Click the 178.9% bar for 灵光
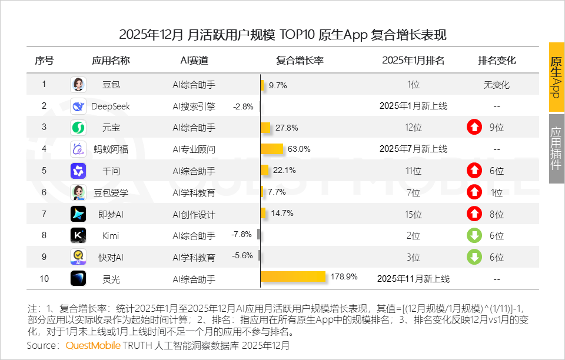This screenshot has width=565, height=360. [x=293, y=277]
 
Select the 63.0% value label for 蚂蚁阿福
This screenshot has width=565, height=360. [x=299, y=149]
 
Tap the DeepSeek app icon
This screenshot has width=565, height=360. [x=78, y=106]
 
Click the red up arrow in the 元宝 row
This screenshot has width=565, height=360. [x=474, y=127]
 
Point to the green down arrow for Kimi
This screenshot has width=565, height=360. [x=474, y=235]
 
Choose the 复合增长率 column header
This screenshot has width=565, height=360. [x=300, y=61]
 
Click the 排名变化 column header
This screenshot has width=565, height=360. [x=497, y=61]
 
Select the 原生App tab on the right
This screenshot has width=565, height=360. [x=556, y=77]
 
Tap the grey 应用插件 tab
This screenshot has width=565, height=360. [x=556, y=148]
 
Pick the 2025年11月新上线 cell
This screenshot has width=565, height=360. [x=413, y=279]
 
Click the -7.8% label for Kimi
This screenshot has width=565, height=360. [x=242, y=234]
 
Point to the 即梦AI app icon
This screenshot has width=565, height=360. [x=78, y=214]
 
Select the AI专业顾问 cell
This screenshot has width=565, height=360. [x=194, y=149]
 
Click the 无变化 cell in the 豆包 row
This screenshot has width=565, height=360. [x=496, y=85]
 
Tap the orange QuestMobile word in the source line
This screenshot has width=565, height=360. [x=93, y=345]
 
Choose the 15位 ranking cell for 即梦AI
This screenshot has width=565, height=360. [x=413, y=214]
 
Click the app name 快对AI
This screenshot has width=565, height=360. [x=111, y=258]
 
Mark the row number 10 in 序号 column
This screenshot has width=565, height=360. [x=44, y=279]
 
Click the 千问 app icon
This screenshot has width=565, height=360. [x=78, y=171]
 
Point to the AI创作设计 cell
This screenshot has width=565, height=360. [x=194, y=214]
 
